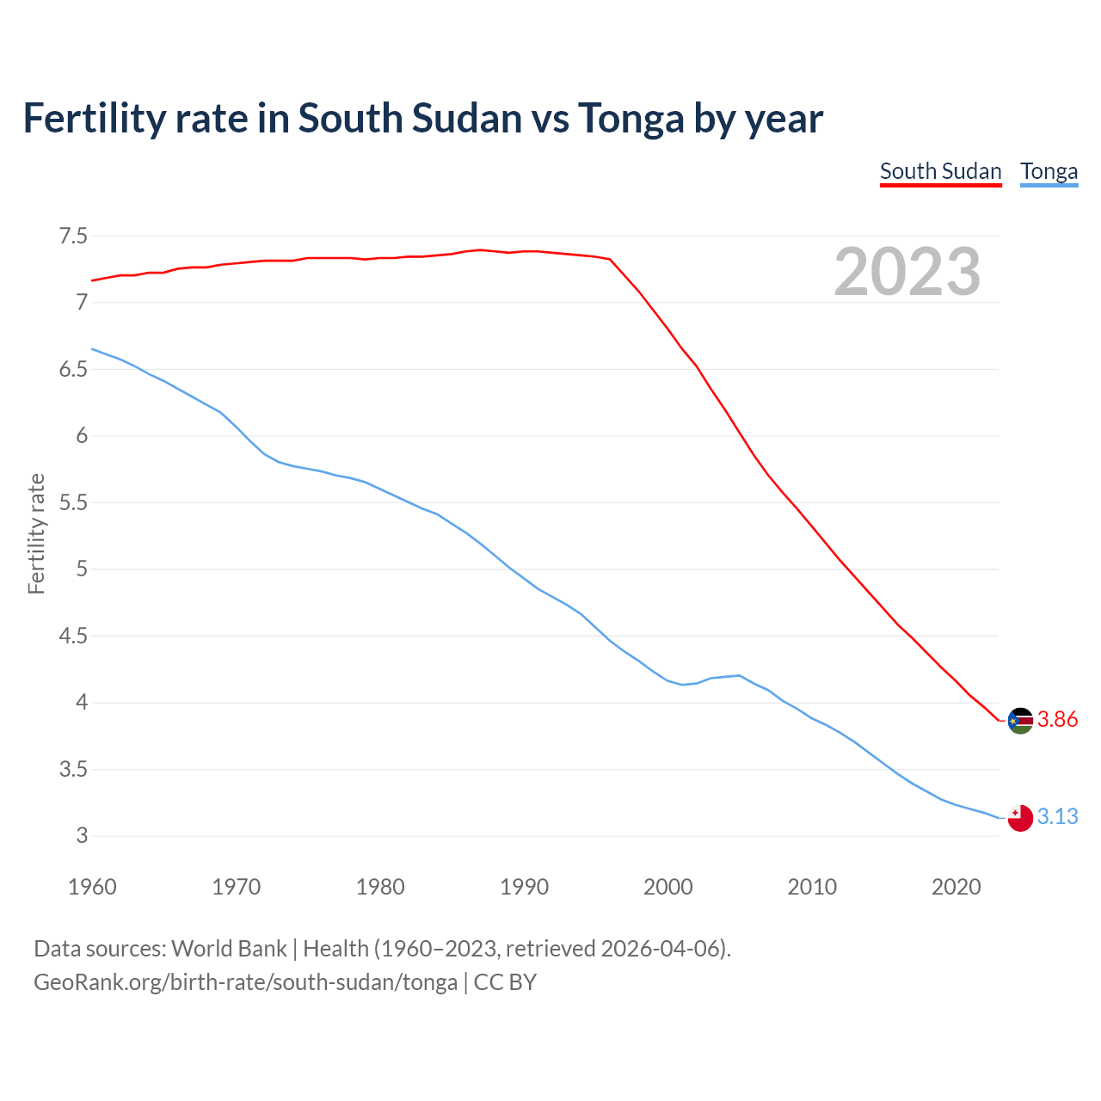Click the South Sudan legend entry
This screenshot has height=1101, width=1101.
tap(940, 171)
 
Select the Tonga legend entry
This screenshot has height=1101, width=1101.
tap(1049, 171)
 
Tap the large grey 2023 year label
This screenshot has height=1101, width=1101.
tap(907, 272)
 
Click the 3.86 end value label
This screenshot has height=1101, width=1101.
tap(1057, 720)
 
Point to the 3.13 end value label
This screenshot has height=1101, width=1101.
tap(1057, 816)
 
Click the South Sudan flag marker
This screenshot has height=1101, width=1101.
tap(1020, 721)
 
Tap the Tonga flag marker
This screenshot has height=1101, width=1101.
tap(1020, 818)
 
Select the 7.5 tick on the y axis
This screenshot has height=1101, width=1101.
tap(73, 236)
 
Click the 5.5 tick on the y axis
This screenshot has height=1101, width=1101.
tap(73, 502)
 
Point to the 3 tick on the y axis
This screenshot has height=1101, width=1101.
tap(82, 835)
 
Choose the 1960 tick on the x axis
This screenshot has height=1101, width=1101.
tap(92, 887)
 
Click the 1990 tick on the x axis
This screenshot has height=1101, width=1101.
tap(524, 887)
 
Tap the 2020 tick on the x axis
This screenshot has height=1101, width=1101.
tap(956, 887)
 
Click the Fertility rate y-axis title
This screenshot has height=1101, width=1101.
tap(36, 533)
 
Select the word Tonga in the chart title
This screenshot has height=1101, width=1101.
tap(630, 118)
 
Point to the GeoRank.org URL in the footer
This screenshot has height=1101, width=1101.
tap(245, 982)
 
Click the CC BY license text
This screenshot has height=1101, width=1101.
tap(505, 982)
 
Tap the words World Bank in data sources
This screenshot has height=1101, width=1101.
tap(229, 949)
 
